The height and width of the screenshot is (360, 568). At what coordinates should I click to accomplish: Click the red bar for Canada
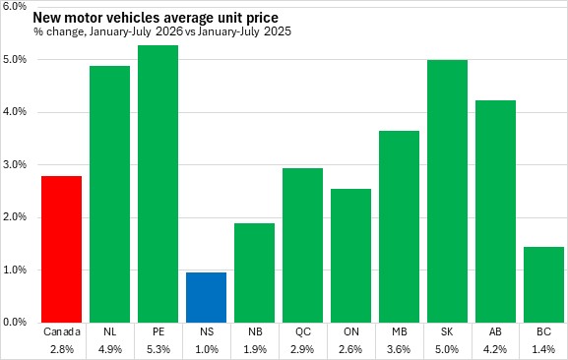(62, 249)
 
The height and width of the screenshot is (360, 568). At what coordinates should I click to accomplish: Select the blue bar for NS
(206, 297)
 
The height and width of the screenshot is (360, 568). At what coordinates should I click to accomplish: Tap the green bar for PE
(158, 184)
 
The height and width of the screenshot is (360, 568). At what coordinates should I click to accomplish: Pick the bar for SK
(447, 192)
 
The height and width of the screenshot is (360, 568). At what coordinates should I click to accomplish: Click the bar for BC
(543, 284)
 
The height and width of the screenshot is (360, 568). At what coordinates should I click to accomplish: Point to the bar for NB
(254, 273)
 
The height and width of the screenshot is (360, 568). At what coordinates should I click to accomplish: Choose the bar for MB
(400, 227)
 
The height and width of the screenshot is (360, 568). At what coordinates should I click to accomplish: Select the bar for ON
(351, 256)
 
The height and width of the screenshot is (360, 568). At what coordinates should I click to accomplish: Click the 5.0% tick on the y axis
(15, 59)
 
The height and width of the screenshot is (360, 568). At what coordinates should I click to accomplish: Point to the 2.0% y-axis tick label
(15, 217)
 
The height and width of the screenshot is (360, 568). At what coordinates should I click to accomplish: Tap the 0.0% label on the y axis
(15, 322)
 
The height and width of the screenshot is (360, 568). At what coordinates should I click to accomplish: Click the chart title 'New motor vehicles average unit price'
(156, 18)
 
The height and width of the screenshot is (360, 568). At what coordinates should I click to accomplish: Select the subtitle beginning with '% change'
(162, 31)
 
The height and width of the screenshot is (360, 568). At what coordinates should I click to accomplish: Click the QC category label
(303, 331)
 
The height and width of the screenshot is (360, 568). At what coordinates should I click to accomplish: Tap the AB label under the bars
(495, 331)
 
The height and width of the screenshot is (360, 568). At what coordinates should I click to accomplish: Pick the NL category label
(109, 331)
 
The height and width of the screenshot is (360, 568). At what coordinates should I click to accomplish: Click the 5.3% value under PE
(158, 349)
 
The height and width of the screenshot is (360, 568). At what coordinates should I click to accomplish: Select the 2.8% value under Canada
(62, 349)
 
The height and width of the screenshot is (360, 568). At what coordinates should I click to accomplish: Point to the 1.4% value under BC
(543, 349)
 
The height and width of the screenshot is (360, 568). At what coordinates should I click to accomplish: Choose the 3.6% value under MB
(400, 349)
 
